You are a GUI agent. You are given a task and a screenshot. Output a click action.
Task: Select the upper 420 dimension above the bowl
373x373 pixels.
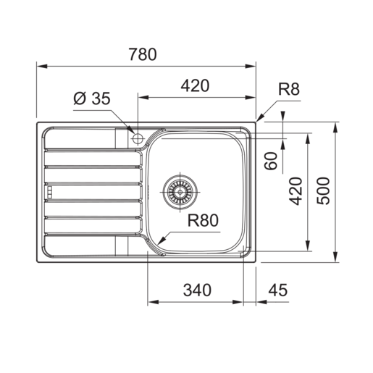click(195, 85)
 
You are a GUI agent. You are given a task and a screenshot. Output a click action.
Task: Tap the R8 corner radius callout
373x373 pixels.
click(288, 91)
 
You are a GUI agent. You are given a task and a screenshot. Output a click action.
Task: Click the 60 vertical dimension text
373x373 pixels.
click(272, 161)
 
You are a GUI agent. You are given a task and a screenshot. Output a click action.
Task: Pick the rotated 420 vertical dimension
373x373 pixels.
click(296, 191)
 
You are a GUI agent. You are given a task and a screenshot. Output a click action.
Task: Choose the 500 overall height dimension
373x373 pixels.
click(324, 191)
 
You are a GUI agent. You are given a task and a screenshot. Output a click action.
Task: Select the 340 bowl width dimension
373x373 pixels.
click(196, 290)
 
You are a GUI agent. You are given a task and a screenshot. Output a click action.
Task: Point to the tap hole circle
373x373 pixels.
click(138, 138)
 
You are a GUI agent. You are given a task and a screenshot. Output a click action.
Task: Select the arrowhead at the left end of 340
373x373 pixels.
click(151, 302)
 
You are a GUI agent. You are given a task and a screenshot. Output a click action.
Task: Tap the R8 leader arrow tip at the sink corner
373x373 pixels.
click(259, 121)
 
